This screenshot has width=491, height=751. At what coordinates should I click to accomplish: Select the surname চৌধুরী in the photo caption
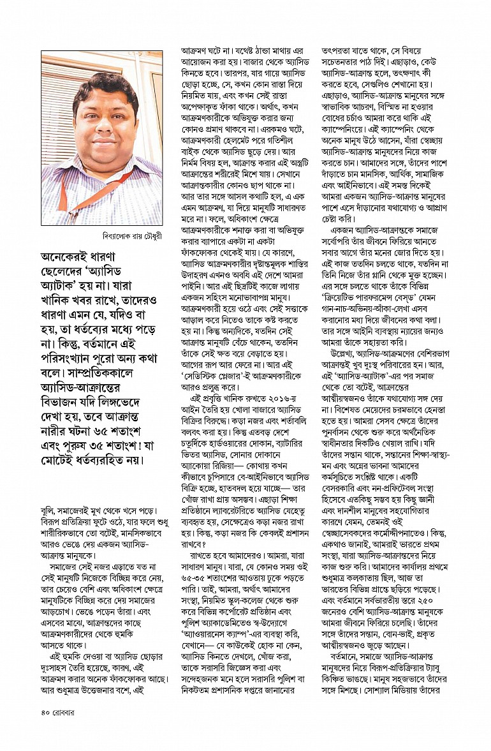(x=147, y=235)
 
